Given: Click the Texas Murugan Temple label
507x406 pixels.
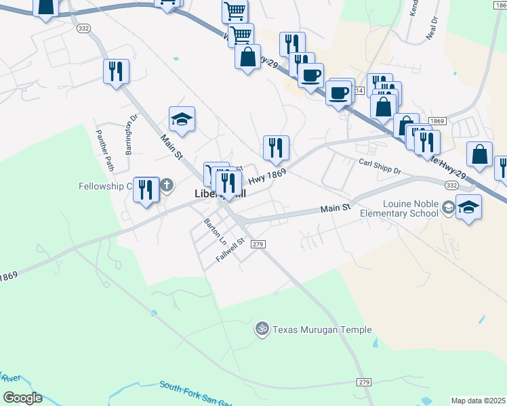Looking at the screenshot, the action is pyautogui.click(x=322, y=330).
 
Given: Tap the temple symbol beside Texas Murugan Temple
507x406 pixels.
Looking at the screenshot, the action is pyautogui.click(x=262, y=330).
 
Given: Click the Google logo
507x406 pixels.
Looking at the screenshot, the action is pyautogui.click(x=22, y=398).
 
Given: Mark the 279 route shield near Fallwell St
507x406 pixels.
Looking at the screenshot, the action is pyautogui.click(x=257, y=244).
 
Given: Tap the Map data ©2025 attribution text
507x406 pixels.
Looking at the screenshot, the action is pyautogui.click(x=479, y=401).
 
